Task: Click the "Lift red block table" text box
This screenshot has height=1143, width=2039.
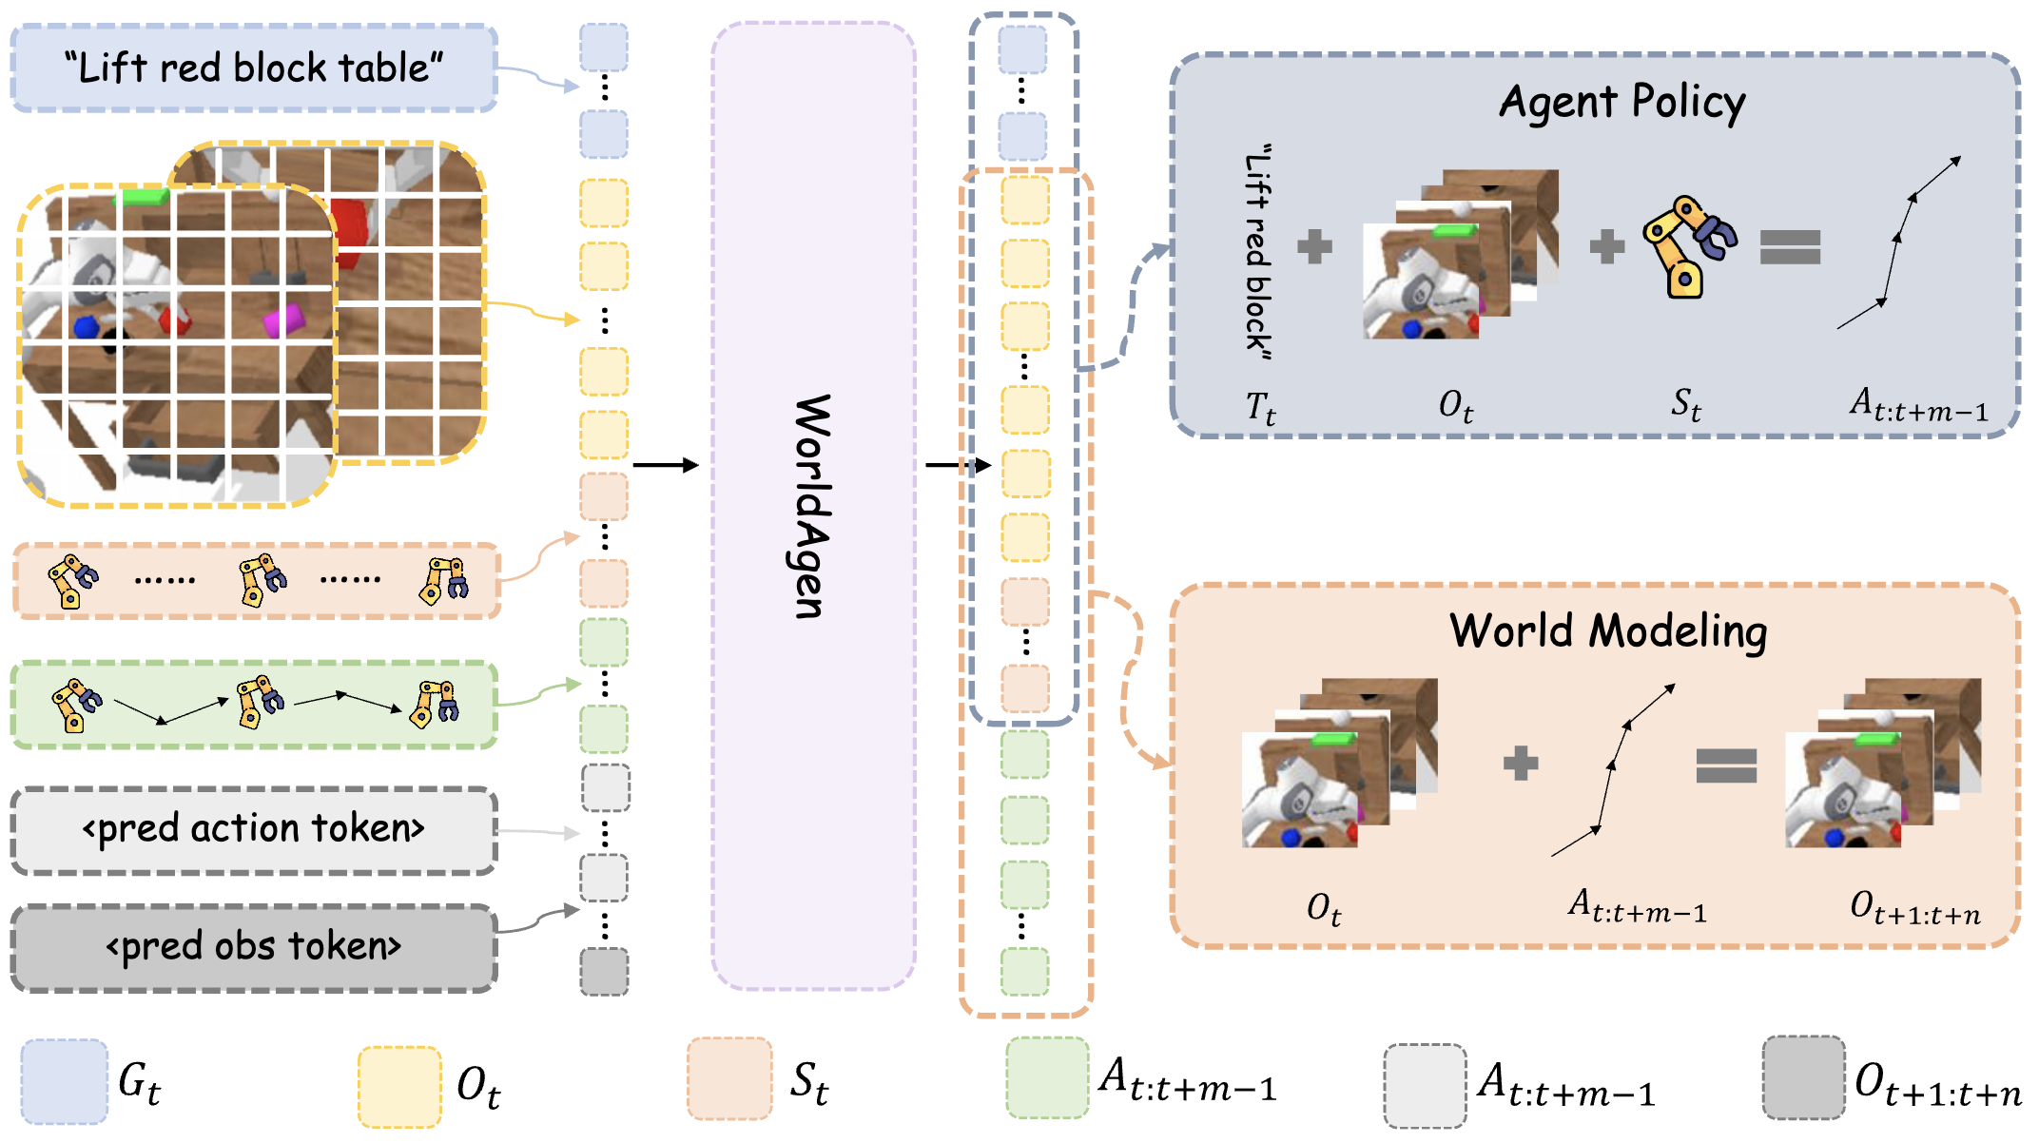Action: (x=253, y=68)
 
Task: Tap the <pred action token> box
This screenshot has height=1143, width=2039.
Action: (x=253, y=829)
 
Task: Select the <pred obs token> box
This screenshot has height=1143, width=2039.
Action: (x=253, y=947)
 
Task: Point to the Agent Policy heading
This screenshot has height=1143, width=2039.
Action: (x=1621, y=102)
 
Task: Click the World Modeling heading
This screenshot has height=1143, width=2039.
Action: (x=1608, y=630)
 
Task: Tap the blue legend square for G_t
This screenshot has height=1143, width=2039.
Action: (x=64, y=1082)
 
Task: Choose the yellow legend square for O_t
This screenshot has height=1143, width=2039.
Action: (x=399, y=1086)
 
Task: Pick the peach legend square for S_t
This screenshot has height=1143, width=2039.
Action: (x=729, y=1079)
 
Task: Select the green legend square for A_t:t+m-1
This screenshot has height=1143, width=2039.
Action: (x=1047, y=1078)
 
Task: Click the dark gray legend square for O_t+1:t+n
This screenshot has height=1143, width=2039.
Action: (x=1803, y=1078)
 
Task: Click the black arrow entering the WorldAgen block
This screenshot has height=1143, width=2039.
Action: (x=665, y=465)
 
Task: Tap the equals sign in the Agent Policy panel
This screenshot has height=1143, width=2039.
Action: (x=1790, y=247)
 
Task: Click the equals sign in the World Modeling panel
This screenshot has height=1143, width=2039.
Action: (x=1726, y=765)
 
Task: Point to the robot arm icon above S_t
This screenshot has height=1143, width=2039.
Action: (x=1689, y=245)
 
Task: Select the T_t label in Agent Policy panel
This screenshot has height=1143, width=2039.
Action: (x=1260, y=408)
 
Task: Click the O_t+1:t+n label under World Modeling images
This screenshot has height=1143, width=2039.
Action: (x=1914, y=908)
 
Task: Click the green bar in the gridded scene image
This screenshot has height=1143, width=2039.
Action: (x=142, y=197)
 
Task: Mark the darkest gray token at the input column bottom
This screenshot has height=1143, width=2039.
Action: (x=604, y=972)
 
